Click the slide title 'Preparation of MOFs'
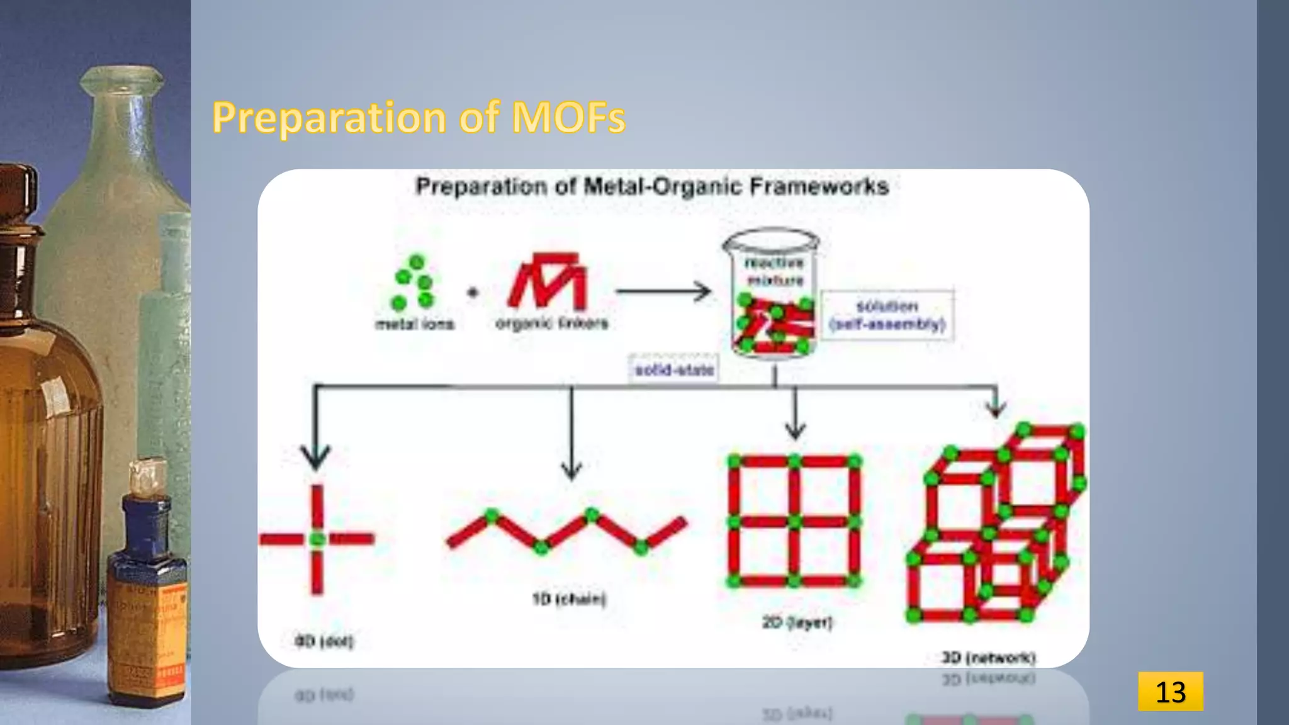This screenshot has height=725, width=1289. (419, 117)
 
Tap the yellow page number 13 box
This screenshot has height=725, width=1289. (1170, 691)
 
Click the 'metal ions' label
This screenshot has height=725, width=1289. (414, 324)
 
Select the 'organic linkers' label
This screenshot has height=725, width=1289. (552, 323)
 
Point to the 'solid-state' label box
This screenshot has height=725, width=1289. (674, 369)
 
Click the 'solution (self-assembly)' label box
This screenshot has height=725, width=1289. (887, 315)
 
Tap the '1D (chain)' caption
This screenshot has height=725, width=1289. (569, 599)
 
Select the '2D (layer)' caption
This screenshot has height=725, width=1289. (797, 622)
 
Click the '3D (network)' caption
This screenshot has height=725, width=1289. (988, 658)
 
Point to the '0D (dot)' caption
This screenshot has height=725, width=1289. (324, 641)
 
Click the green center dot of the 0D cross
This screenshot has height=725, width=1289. (317, 539)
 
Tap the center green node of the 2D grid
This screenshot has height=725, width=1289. (794, 522)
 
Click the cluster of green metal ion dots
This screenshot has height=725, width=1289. (413, 282)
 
